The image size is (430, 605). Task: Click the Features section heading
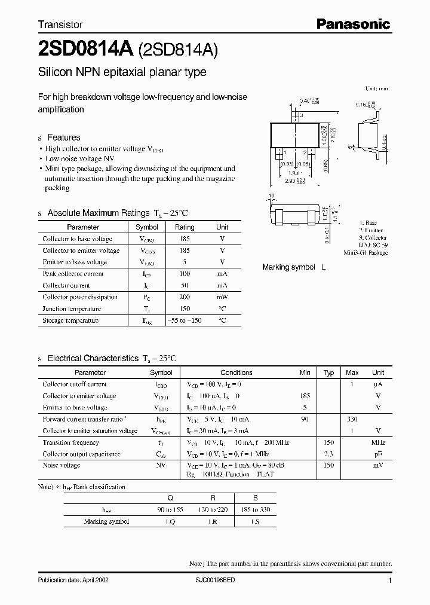pyautogui.click(x=63, y=137)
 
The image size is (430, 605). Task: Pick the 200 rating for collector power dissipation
pyautogui.click(x=185, y=297)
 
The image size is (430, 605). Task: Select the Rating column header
pyautogui.click(x=185, y=227)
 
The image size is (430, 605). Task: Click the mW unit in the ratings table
pyautogui.click(x=222, y=297)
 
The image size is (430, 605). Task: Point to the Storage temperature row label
pyautogui.click(x=70, y=320)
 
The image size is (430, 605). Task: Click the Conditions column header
pyautogui.click(x=236, y=372)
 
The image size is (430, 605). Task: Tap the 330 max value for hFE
pyautogui.click(x=352, y=419)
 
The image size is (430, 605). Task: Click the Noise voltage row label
pyautogui.click(x=61, y=465)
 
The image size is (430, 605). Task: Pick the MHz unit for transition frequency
pyautogui.click(x=378, y=442)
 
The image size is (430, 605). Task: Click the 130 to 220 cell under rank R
pyautogui.click(x=212, y=509)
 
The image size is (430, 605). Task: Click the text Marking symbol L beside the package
pyautogui.click(x=294, y=267)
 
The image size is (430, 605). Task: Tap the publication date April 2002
pyautogui.click(x=73, y=580)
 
